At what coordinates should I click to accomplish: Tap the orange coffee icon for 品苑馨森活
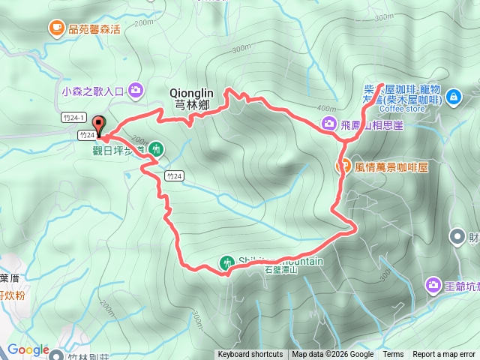point(57,28)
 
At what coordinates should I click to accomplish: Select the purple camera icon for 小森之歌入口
point(136,91)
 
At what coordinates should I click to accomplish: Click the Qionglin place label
point(190,94)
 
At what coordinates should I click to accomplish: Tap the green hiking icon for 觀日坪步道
point(156,148)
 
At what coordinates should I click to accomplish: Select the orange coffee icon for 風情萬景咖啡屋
point(345,166)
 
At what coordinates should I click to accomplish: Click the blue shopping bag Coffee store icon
point(453,97)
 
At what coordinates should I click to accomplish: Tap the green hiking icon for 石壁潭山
point(226,263)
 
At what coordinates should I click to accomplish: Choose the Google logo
point(28,350)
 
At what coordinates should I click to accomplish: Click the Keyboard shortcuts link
point(250,355)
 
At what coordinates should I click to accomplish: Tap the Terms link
point(393,355)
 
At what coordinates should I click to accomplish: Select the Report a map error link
point(444,355)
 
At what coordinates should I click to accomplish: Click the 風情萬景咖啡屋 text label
point(391,166)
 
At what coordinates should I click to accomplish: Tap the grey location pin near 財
point(457,238)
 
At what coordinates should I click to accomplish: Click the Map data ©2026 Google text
point(332,355)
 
